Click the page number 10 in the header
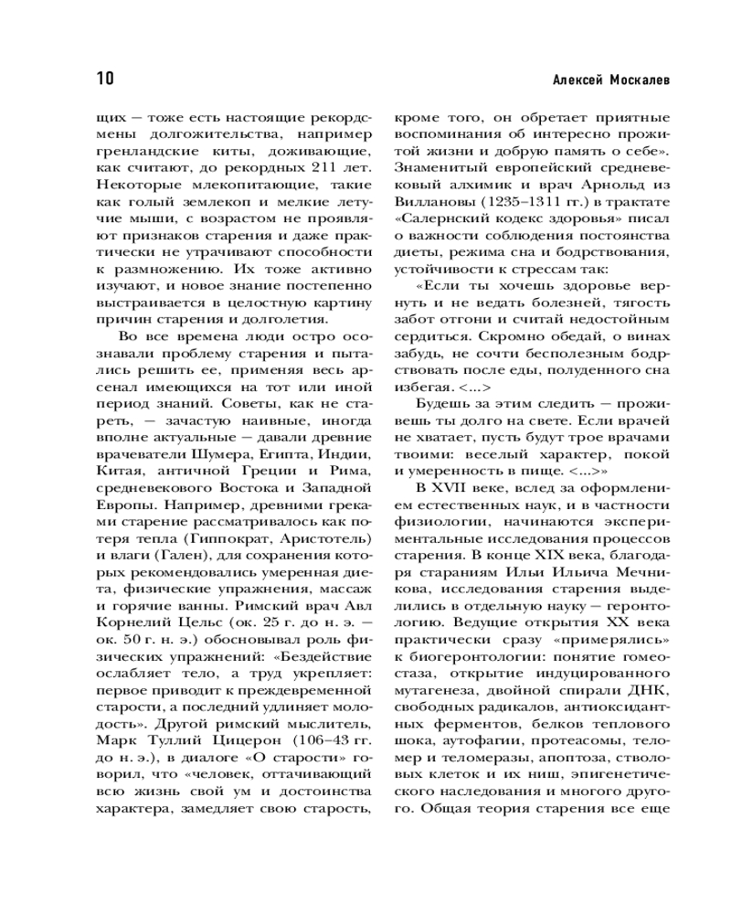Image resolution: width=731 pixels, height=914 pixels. (x=101, y=80)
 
